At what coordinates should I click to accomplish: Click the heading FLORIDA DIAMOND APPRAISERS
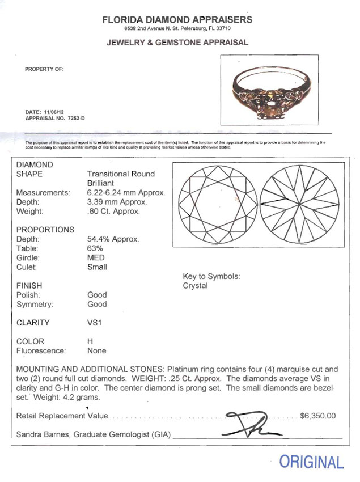pyautogui.click(x=177, y=20)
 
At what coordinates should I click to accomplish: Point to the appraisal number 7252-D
pyautogui.click(x=74, y=119)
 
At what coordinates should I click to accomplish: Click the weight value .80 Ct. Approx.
pyautogui.click(x=113, y=212)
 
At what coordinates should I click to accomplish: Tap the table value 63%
pyautogui.click(x=95, y=248)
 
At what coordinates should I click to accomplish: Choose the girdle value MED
pyautogui.click(x=96, y=257)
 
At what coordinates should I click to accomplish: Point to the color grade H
pyautogui.click(x=90, y=341)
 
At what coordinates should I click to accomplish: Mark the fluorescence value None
pyautogui.click(x=97, y=351)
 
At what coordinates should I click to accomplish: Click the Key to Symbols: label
pyautogui.click(x=211, y=276)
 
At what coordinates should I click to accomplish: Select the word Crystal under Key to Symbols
pyautogui.click(x=195, y=286)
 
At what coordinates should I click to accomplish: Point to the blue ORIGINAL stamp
pyautogui.click(x=311, y=462)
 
